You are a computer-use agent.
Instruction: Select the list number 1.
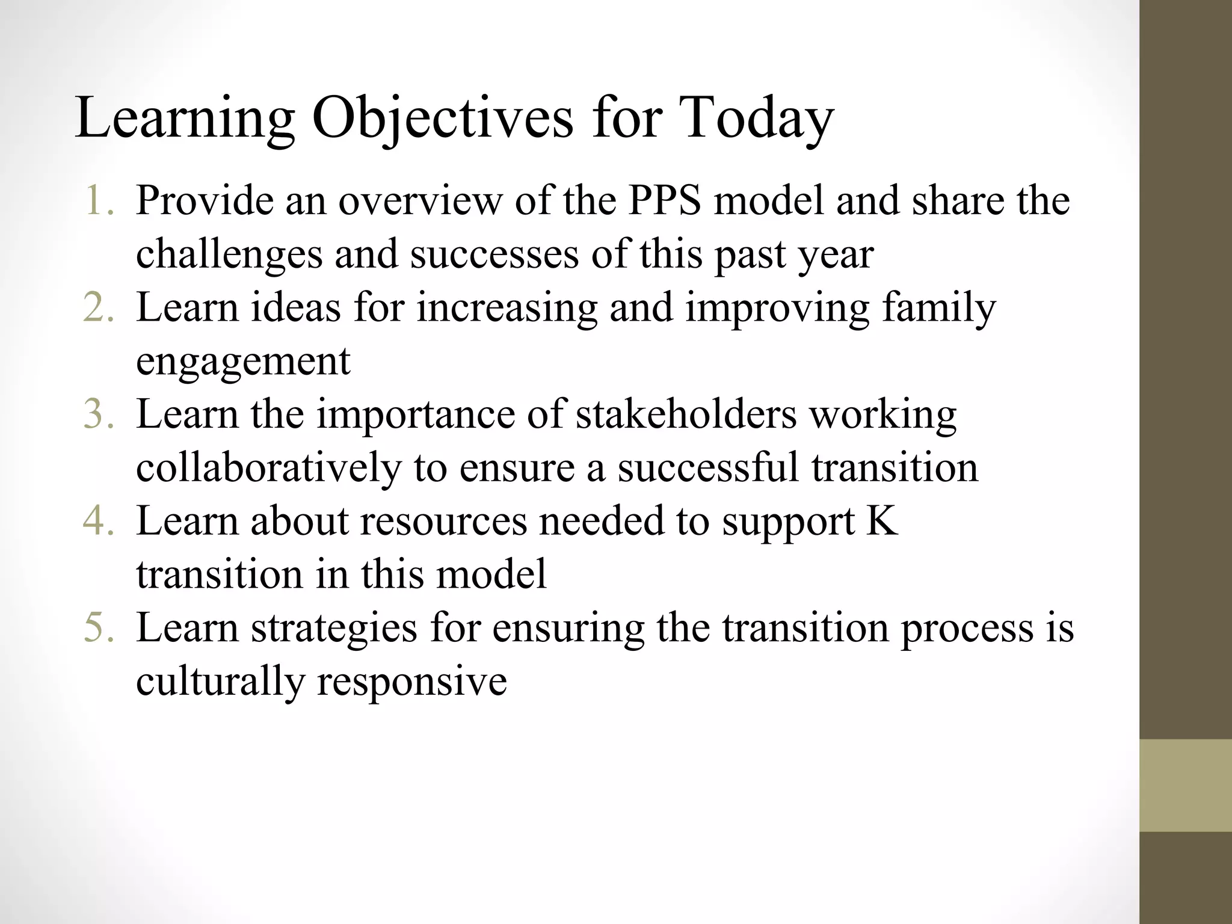99,200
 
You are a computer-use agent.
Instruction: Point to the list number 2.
99,307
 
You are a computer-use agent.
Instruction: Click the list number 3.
99,414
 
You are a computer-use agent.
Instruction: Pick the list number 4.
99,521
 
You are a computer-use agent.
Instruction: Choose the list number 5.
99,628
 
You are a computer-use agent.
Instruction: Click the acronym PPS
665,200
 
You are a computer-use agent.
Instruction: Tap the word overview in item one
419,200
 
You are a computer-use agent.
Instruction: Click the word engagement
243,362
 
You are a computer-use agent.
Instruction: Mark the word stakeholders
686,414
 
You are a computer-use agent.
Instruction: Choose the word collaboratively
268,468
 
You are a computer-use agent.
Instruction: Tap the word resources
443,521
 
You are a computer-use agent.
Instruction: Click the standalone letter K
882,521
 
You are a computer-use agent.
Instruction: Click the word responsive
412,682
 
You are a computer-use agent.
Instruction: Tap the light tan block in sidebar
1186,785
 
